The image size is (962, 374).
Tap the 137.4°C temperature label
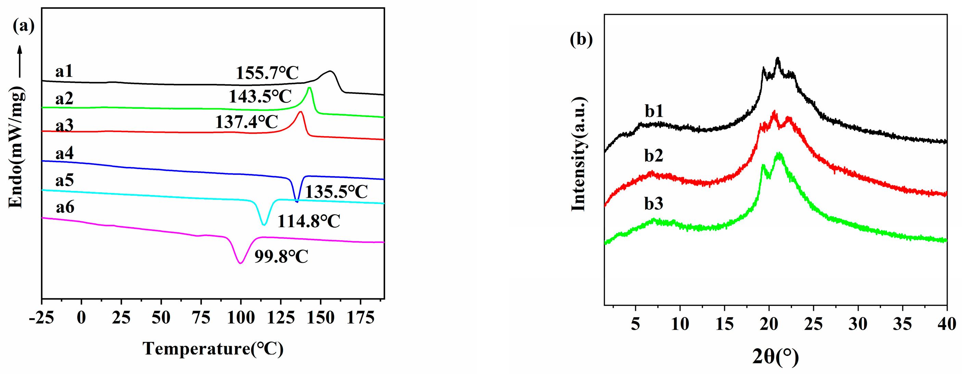point(246,122)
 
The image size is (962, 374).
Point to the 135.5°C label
point(336,192)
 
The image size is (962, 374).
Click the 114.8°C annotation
point(308,221)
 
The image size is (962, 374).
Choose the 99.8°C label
point(281,256)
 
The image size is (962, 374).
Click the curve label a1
point(64,71)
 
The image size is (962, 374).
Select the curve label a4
point(64,153)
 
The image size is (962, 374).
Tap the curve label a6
point(65,207)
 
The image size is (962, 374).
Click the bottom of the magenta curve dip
point(241,263)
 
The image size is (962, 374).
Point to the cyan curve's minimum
point(264,225)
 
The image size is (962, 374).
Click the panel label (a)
point(24,26)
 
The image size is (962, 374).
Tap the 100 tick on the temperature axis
point(241,318)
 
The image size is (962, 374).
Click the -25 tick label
point(41,318)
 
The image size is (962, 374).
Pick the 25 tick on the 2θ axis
point(813,324)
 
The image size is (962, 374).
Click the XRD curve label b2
point(654,155)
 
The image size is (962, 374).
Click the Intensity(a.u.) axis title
point(578,154)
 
